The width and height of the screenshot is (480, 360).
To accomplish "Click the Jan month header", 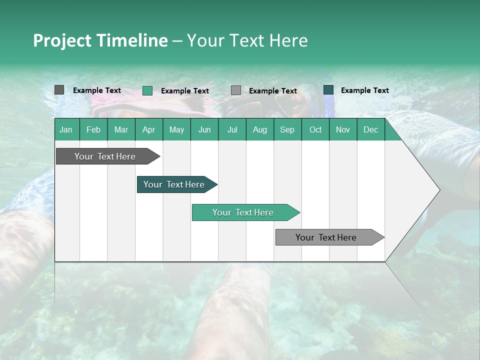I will [66, 129].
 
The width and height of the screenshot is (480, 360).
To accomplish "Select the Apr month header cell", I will [148, 129].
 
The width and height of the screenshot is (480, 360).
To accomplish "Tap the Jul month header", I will [232, 129].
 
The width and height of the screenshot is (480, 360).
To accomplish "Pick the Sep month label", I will [287, 129].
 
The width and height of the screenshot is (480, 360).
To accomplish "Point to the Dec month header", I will [370, 129].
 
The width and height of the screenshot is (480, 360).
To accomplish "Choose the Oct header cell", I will [315, 129].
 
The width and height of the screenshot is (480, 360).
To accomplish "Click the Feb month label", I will [93, 129].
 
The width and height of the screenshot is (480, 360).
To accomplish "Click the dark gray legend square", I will [59, 90].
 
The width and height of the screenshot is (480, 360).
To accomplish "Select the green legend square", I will [147, 90].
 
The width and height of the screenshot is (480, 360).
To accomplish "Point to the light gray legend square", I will [236, 90].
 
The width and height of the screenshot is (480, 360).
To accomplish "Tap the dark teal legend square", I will [328, 89].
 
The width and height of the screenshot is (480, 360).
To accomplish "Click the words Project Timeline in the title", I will [100, 40].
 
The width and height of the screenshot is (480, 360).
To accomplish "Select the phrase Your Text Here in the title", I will [247, 40].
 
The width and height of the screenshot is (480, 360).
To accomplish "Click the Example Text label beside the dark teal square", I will [364, 90].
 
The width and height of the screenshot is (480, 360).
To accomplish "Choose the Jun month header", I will [204, 129].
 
